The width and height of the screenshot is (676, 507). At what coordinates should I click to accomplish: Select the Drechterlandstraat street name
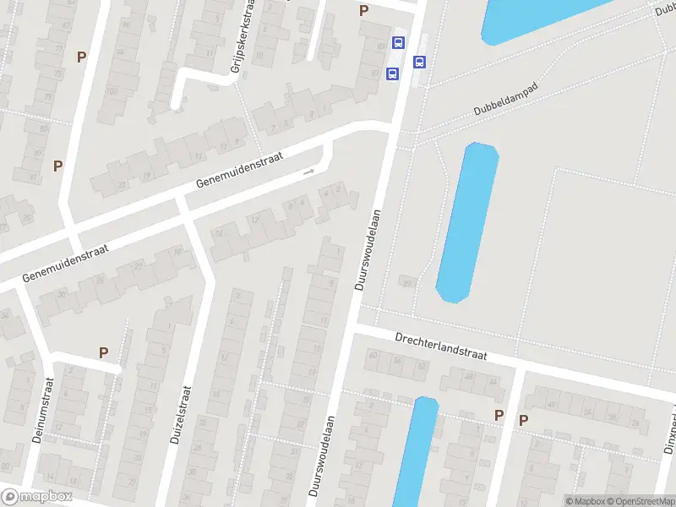tap(441, 346)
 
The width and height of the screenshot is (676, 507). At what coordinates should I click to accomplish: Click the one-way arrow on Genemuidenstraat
tap(308, 172)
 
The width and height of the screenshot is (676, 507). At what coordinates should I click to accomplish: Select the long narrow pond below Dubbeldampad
tap(466, 221)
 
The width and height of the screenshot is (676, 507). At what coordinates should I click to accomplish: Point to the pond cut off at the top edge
tap(541, 17)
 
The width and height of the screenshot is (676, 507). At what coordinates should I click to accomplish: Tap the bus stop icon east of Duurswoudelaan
tap(419, 62)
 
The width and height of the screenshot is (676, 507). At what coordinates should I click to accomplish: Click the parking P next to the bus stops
tap(364, 10)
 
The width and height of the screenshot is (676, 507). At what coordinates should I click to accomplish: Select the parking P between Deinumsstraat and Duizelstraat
tap(104, 352)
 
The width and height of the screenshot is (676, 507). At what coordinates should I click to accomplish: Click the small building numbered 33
tap(406, 282)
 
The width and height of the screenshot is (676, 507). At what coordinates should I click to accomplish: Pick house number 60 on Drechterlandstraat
tap(373, 354)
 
